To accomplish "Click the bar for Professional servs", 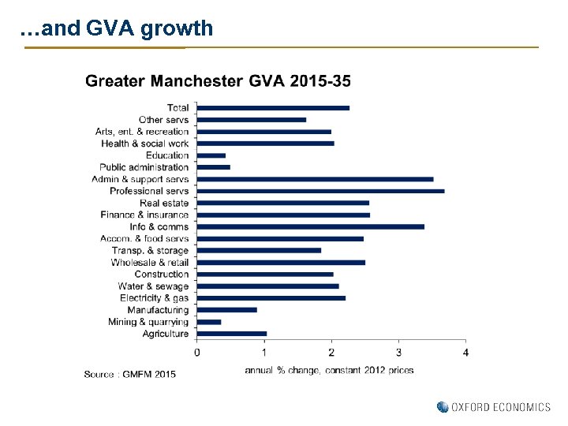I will point(320,191).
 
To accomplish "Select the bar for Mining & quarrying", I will point(209,322).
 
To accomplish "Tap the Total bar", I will point(273,108).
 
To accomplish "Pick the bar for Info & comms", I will point(310,226).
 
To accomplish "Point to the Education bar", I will point(211,155).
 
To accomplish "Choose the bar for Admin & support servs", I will point(315,179).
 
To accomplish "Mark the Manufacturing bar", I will point(227,310).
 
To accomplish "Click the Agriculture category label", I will point(165,334).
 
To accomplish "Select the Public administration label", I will point(144,167).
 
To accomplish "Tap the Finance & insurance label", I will point(144,215).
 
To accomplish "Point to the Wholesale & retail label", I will point(149,262).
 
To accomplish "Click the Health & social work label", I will point(144,144).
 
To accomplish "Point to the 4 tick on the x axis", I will point(466,352).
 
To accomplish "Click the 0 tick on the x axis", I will point(197,352).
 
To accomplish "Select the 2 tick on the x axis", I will point(331,352).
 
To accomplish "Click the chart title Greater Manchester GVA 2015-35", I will point(218,81).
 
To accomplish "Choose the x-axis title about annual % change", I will point(329,370).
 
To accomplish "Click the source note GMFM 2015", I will point(130,373).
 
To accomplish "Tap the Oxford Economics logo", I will point(494,407).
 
